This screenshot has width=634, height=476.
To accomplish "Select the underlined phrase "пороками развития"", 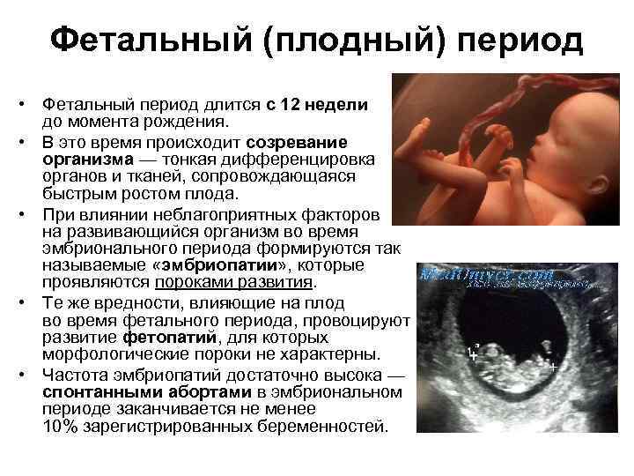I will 234,283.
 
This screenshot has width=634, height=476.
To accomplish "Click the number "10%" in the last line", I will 59,427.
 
